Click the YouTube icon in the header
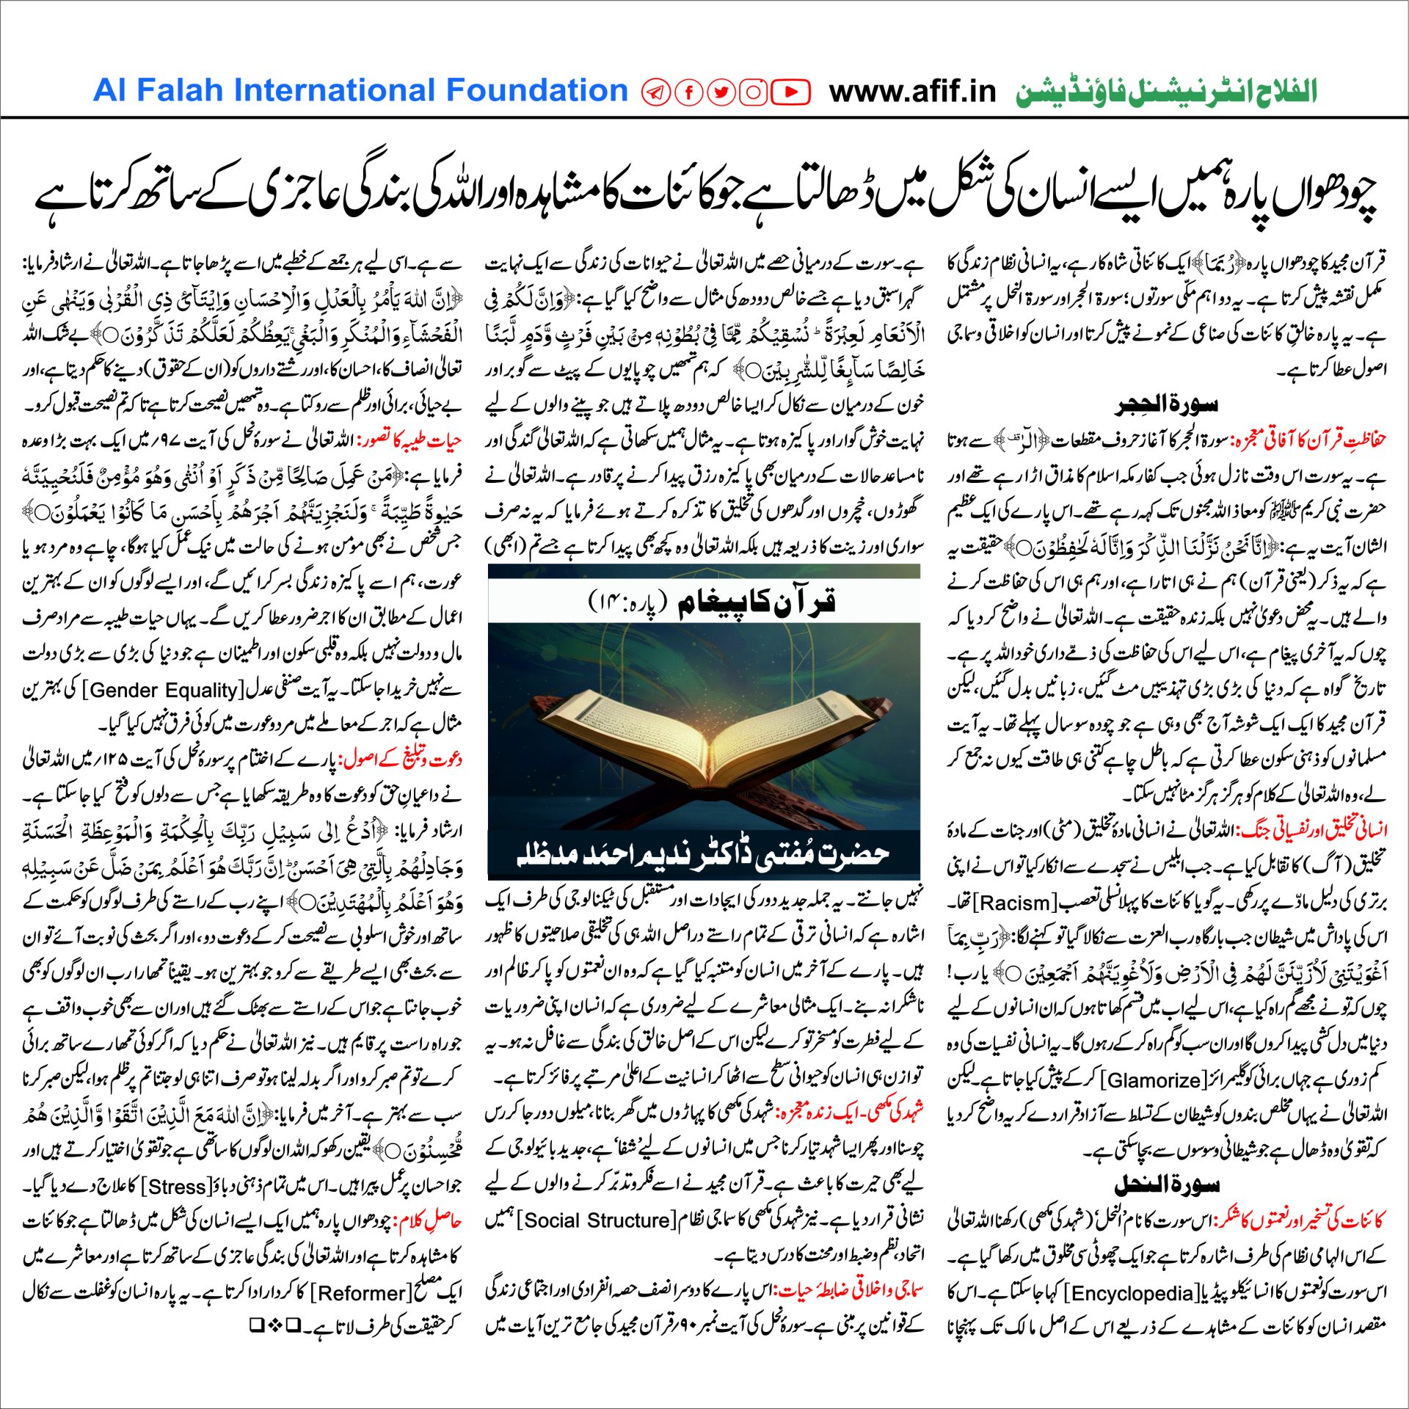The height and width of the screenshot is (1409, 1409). coord(790,92)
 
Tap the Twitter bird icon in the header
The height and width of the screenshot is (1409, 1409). coord(722,92)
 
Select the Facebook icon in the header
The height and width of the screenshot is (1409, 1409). coord(689,92)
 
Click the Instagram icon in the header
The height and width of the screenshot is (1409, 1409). coord(753,92)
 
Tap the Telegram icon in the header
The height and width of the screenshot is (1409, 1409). coord(655,92)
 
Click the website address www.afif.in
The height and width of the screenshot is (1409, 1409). coord(912,92)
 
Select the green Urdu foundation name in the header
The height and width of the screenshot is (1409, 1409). coord(1166,92)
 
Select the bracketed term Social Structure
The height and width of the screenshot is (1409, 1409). coord(598,1220)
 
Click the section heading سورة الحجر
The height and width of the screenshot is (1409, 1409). coord(1166,404)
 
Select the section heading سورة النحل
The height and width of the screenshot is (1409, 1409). coord(1166,1185)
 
